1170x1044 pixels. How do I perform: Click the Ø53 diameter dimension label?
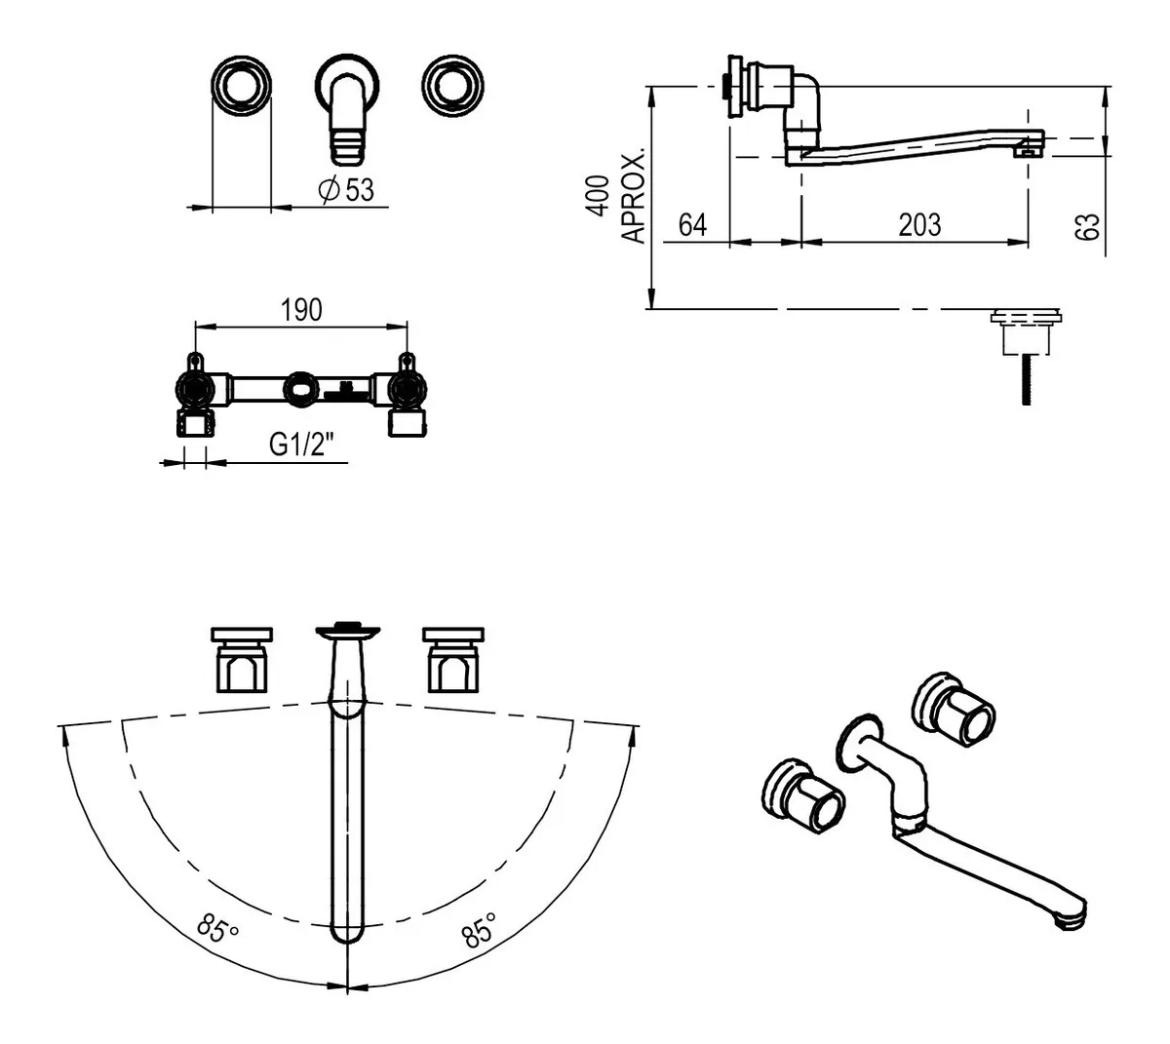(x=346, y=189)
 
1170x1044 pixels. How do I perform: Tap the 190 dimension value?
(x=301, y=310)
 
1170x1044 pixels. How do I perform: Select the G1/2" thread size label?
(x=302, y=445)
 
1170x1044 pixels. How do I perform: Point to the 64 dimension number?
(x=692, y=224)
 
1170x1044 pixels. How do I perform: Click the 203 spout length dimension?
(x=919, y=224)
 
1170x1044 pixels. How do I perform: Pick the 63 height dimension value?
(x=1087, y=226)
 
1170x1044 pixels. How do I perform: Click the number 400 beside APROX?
(x=597, y=195)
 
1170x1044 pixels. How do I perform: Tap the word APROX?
(x=633, y=198)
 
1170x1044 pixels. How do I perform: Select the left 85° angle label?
(x=217, y=927)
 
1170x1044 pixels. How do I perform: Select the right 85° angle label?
(x=479, y=929)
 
